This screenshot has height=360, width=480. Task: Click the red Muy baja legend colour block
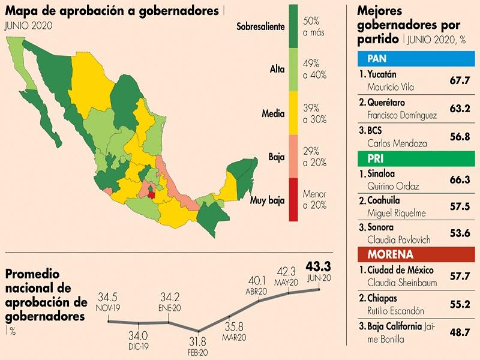coord(293,199)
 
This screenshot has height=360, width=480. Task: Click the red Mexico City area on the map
coord(151,193)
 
